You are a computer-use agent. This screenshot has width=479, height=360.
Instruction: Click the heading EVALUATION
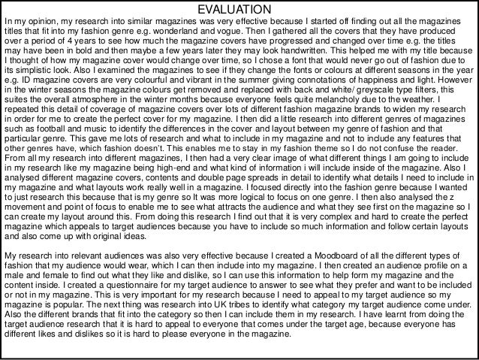click(x=239, y=8)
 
